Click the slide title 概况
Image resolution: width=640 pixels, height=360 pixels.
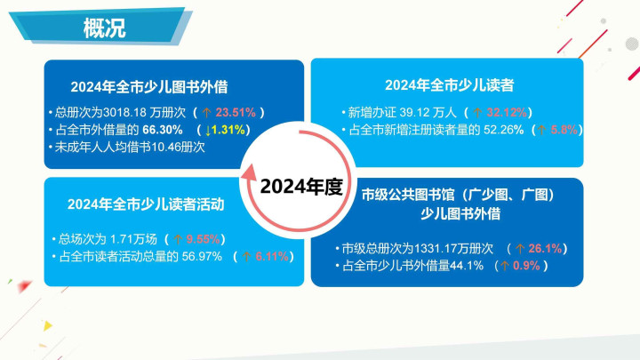click(105, 28)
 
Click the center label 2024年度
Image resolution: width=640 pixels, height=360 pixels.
click(301, 187)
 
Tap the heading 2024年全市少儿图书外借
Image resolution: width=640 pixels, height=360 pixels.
click(149, 87)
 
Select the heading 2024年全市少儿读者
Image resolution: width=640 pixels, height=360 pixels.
click(450, 85)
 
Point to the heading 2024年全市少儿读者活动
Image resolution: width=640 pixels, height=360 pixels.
click(146, 204)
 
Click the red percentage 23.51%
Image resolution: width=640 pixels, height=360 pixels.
click(236, 112)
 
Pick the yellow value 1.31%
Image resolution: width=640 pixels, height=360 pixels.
click(228, 130)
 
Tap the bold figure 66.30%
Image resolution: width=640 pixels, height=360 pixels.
click(163, 130)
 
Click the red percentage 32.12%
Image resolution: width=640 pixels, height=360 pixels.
click(507, 112)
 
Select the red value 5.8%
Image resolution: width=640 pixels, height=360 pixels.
click(564, 130)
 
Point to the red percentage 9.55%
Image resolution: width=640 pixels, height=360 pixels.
click(204, 239)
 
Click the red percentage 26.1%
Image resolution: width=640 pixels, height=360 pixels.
click(545, 248)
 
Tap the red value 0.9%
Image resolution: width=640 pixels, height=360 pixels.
click(526, 266)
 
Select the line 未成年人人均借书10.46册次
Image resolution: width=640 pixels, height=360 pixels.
click(130, 147)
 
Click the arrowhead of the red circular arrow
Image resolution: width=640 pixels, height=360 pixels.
click(249, 172)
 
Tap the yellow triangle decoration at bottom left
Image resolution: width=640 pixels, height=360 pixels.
click(48, 325)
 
